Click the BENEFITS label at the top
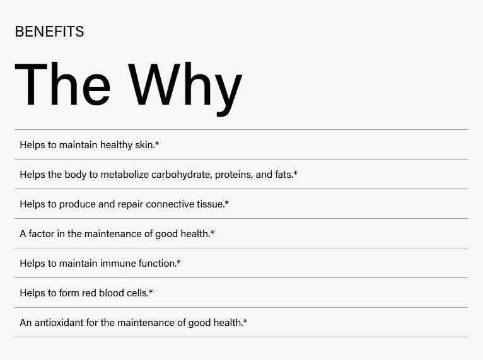pyautogui.click(x=49, y=32)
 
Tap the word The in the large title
pyautogui.click(x=62, y=84)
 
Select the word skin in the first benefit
pyautogui.click(x=144, y=144)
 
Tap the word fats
pyautogui.click(x=283, y=174)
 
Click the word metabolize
pyautogui.click(x=125, y=174)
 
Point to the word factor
pyautogui.click(x=42, y=234)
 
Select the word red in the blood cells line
pyautogui.click(x=89, y=293)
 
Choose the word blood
pyautogui.click(x=112, y=293)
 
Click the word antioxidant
pyautogui.click(x=59, y=322)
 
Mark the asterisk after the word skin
pyautogui.click(x=157, y=143)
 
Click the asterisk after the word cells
pyautogui.click(x=151, y=291)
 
